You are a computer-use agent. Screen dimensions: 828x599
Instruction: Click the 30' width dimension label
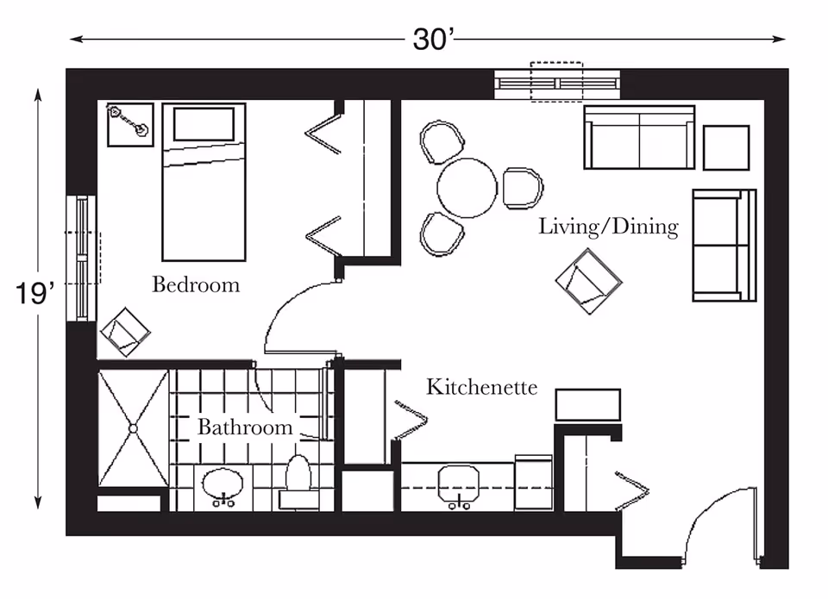[433, 39]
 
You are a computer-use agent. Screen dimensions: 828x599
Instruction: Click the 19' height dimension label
[34, 293]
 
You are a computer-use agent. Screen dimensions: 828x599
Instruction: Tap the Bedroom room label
[196, 284]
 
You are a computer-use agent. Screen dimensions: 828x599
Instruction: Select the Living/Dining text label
[608, 227]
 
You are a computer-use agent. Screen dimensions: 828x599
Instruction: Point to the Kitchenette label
[481, 387]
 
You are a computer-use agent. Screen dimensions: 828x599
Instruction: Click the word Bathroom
[245, 427]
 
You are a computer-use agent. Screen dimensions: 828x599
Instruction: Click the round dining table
[467, 188]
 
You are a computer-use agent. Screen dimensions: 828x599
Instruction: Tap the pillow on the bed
[204, 125]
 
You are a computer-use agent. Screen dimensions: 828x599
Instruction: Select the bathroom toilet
[298, 483]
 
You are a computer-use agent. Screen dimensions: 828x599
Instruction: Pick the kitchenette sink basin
[458, 483]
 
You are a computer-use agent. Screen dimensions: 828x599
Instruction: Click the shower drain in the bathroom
[133, 428]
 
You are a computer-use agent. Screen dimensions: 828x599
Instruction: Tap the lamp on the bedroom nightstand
[129, 121]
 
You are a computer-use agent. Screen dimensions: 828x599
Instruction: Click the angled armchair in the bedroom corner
[125, 332]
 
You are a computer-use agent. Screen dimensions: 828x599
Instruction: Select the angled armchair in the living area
[589, 281]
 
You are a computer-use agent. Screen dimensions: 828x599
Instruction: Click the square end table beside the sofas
[726, 147]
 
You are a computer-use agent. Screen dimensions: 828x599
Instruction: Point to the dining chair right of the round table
[523, 188]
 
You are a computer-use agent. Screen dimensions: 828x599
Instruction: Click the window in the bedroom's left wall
[82, 258]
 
